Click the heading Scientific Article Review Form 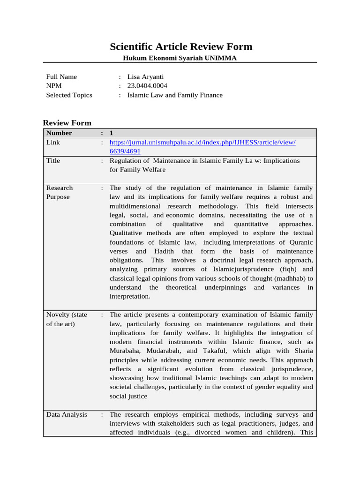[181, 46]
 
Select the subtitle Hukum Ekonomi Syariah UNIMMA [180, 58]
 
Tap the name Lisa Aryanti [145, 77]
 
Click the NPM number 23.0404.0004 [147, 86]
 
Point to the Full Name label [61, 77]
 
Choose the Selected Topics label [69, 95]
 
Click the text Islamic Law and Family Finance [175, 95]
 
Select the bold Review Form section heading [67, 123]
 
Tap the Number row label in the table [59, 133]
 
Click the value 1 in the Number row [112, 133]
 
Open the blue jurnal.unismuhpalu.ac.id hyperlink [202, 142]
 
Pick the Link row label [53, 142]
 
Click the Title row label [53, 161]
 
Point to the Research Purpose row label [60, 192]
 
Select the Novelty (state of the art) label [67, 319]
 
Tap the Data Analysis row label [67, 414]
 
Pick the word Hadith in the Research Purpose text [164, 251]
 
